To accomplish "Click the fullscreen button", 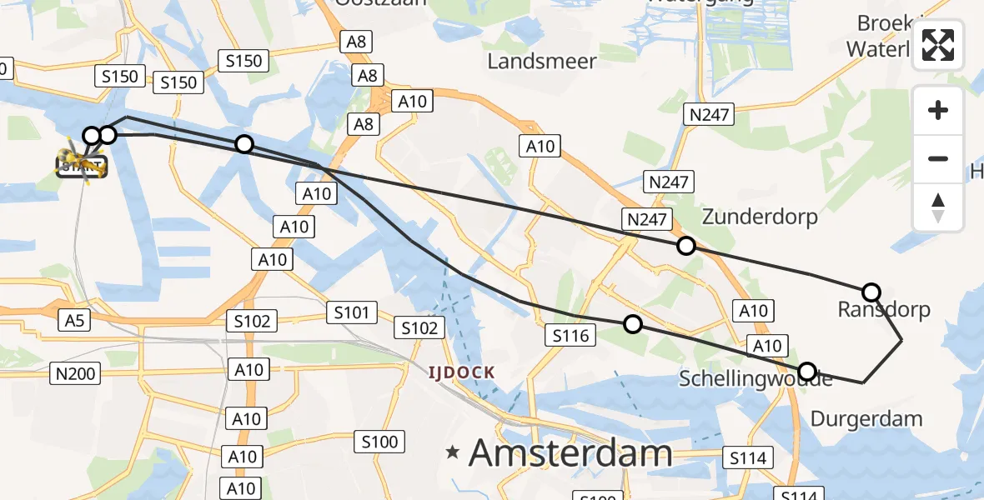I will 938,45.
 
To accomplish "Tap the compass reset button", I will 938,207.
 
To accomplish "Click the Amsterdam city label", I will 570,453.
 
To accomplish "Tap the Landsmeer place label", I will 542,61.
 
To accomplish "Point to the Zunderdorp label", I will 760,217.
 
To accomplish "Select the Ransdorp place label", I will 883,310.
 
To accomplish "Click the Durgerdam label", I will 866,418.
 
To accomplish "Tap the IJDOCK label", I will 461,372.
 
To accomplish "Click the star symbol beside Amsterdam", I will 453,452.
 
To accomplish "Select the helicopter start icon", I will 82,161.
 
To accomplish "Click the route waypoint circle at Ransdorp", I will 871,292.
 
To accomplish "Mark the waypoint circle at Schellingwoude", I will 806,371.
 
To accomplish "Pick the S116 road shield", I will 571,336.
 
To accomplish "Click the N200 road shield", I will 75,373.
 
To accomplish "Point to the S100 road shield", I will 380,441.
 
